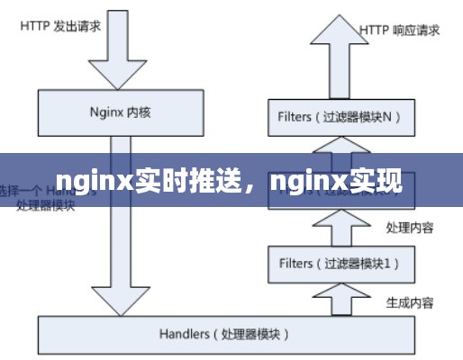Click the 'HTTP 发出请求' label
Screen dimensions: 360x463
coord(60,25)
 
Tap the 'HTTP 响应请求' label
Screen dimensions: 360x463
coord(400,30)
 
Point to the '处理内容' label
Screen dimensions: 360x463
coord(409,228)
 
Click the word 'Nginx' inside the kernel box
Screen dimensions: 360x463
coord(107,112)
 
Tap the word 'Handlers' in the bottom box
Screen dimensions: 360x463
coord(184,334)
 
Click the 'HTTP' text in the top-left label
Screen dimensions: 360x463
coord(33,25)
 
